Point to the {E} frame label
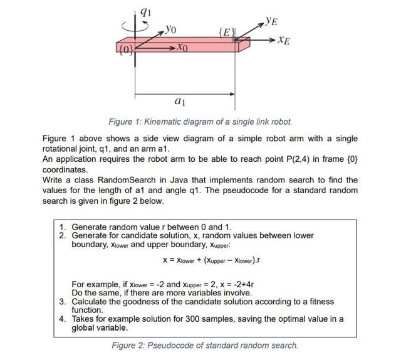(226, 31)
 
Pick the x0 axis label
(181, 48)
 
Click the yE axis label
(271, 21)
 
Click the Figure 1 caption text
(200, 122)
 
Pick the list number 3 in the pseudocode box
(63, 302)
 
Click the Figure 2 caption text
(205, 345)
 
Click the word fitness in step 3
(317, 302)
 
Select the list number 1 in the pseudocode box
(63, 226)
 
